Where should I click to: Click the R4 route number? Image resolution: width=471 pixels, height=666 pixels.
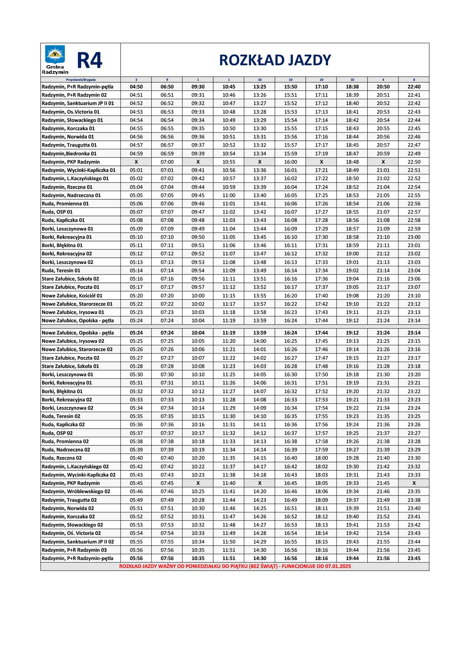point(89,61)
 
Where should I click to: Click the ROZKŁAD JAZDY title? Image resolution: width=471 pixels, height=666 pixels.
point(275,60)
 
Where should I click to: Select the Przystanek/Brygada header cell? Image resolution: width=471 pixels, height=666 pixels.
point(80,80)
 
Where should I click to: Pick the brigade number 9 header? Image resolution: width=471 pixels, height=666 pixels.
point(167,80)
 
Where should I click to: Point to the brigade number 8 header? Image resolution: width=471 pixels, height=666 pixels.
point(414,80)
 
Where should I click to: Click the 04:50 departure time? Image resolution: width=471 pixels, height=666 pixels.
point(136,87)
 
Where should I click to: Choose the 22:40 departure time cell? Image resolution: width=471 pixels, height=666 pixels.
point(414,87)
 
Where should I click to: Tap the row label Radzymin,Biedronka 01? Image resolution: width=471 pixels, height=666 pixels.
point(69,154)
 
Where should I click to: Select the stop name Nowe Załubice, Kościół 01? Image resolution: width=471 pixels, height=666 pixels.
point(72,296)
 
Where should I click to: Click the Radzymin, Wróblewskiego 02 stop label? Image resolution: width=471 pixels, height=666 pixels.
point(76,491)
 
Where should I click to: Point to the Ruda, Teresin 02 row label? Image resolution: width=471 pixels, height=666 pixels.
point(61,416)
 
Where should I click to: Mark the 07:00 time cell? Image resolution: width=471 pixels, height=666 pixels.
point(167,162)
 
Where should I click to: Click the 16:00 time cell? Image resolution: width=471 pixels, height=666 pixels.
point(290,162)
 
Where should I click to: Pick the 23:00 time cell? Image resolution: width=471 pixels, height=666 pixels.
point(414,237)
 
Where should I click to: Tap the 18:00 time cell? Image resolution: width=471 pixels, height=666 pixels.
point(321,458)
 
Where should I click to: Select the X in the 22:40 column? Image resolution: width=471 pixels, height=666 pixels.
point(414,483)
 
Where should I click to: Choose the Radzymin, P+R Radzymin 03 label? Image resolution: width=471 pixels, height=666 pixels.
point(74,550)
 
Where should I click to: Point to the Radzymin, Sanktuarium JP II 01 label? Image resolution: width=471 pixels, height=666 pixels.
point(78,103)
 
